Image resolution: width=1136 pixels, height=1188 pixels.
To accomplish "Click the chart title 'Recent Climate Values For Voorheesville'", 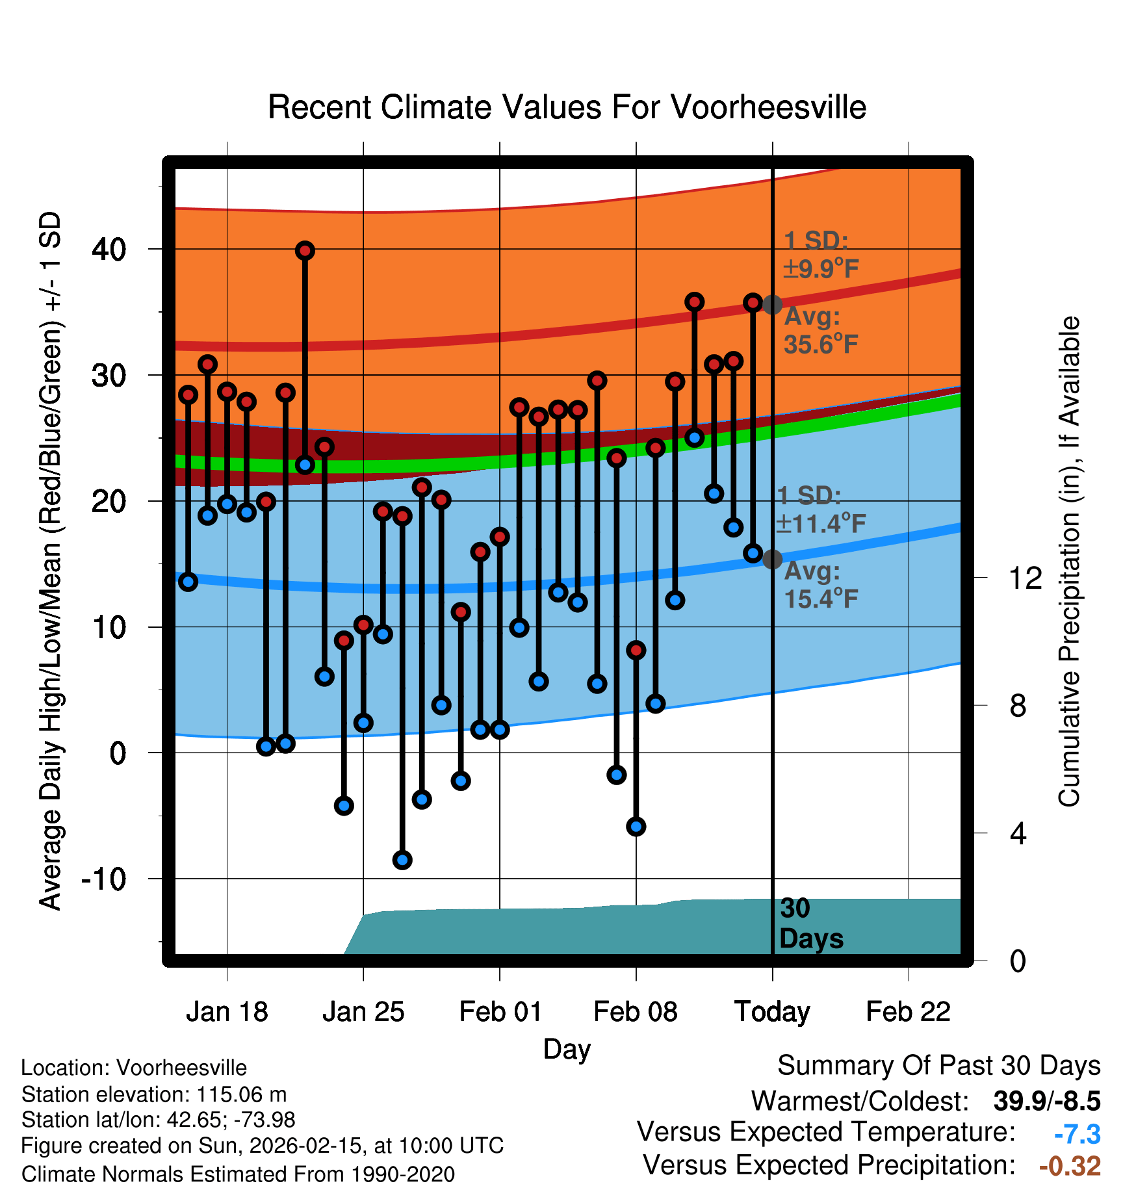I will coord(567,107).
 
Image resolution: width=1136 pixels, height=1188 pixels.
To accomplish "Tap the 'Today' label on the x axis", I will coord(772,1011).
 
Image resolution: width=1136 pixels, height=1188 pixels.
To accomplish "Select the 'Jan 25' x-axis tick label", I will coord(363,1011).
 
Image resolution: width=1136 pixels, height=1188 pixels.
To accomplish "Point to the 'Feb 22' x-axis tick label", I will coord(908,1011).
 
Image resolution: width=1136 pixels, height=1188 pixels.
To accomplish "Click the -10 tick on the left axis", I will coord(104,879).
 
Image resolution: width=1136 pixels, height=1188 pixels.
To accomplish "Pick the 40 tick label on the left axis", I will coord(109,250).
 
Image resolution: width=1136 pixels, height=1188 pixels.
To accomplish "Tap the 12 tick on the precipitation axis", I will coord(1026,578).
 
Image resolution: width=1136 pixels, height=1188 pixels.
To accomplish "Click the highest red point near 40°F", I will coord(305,251).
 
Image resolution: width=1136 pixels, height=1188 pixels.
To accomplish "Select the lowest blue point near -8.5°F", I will coord(402,860).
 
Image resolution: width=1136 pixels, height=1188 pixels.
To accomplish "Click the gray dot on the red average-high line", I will coord(772,304).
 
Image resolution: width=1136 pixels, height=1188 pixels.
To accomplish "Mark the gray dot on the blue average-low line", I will coord(772,559).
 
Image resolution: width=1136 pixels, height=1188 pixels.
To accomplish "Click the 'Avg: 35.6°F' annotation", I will coord(820,330).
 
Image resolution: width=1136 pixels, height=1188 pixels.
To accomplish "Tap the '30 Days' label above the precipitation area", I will coord(810,923).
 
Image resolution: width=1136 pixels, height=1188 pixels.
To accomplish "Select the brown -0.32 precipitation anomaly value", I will coord(1070,1166).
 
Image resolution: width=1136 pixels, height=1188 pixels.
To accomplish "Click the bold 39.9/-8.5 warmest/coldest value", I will coord(1046,1101).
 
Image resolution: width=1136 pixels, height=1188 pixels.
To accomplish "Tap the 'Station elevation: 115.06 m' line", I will coord(154,1094).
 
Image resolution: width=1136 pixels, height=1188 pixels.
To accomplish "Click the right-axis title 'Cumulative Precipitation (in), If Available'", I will coord(1069,562).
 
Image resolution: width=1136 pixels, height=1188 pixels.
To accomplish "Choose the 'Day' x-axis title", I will coord(567,1049).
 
